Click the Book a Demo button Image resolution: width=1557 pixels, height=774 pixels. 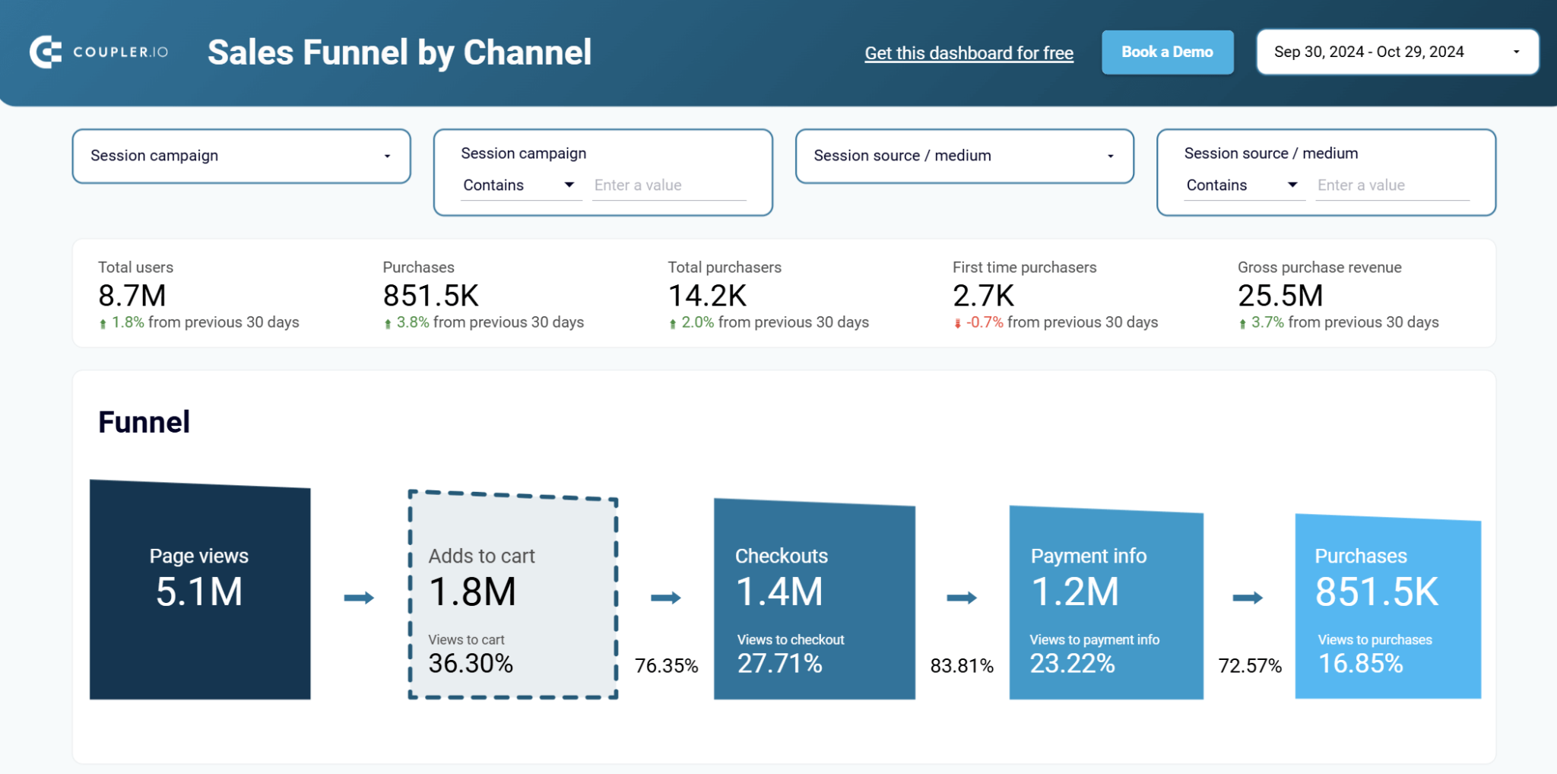coord(1167,52)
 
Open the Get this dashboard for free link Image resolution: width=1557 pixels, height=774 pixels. coord(969,53)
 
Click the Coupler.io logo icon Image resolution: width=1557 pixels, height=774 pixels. coord(46,52)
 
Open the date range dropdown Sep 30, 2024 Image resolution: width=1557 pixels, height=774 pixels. coord(1397,52)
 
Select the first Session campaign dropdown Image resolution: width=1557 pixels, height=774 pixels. coord(241,156)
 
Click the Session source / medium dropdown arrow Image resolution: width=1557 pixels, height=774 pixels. coord(1110,156)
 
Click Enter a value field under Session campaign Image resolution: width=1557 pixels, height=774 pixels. coord(669,186)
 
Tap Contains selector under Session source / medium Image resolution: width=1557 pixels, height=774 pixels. coord(1242,186)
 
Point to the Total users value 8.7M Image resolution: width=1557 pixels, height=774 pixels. coord(132,296)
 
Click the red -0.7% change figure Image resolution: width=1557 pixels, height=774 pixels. coord(985,322)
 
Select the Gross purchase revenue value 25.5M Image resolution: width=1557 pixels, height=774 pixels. coord(1280,296)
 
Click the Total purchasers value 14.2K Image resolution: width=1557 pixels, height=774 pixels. coord(707,296)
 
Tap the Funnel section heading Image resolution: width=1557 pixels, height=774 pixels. coord(144,422)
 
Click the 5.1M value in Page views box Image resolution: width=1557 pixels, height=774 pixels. coord(199,592)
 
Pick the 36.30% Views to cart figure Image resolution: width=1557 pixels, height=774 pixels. coord(471,664)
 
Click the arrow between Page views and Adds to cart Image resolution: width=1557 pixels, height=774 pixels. coord(359,598)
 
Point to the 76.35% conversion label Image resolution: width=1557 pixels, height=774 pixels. coord(666,666)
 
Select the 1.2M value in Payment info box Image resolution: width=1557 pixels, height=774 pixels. coord(1074,592)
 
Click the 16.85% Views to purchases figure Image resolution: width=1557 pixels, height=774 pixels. coord(1360,664)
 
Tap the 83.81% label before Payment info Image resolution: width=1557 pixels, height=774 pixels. coord(962,666)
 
